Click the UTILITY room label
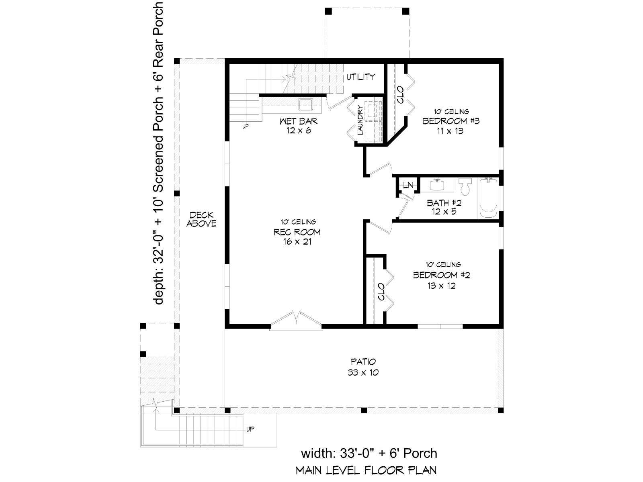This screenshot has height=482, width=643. (360, 77)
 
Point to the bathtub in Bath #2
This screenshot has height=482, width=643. (488, 199)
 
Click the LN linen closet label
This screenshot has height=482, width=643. (408, 185)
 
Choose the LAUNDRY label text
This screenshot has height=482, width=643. (360, 120)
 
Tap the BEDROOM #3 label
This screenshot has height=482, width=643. (451, 121)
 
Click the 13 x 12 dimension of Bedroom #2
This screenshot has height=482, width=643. (441, 285)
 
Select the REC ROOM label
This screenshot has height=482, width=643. (297, 232)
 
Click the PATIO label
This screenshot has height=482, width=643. (363, 362)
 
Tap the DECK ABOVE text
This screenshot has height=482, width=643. (202, 219)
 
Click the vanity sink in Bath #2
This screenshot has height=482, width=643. (437, 185)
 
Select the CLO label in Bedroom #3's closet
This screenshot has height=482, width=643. (400, 95)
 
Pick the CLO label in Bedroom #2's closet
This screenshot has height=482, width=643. (381, 292)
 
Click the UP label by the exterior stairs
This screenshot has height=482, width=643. (250, 429)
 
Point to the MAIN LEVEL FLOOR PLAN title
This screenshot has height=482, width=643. (366, 470)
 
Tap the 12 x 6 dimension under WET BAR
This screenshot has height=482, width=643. (299, 131)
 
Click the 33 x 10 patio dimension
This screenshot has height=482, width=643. (363, 373)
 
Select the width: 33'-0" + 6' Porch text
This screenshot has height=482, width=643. (369, 453)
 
